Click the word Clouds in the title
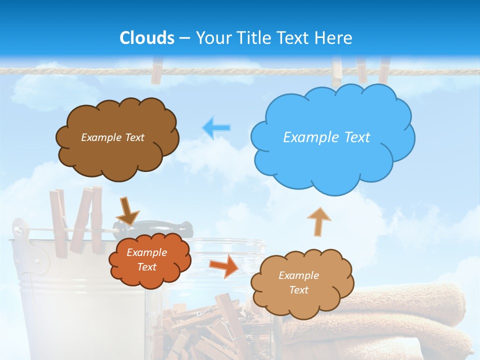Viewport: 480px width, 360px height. [147, 38]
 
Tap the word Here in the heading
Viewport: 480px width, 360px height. [334, 38]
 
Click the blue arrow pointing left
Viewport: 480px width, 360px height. [216, 128]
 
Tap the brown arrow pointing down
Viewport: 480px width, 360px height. [127, 212]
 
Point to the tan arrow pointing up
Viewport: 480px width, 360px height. [318, 221]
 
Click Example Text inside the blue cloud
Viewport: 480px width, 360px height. [326, 137]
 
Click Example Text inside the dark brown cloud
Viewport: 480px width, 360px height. [112, 137]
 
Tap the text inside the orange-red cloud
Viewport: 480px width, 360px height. [146, 260]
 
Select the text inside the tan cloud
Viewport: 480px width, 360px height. [298, 282]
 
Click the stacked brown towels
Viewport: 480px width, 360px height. [400, 320]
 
